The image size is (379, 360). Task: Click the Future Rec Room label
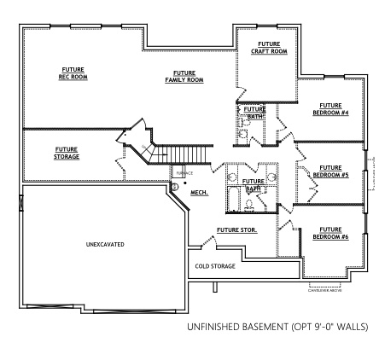tap(73, 73)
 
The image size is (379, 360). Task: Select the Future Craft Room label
tap(269, 47)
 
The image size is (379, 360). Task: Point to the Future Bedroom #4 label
tap(330, 108)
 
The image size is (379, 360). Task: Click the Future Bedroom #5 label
tap(330, 171)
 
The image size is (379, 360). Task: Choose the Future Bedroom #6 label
tap(330, 233)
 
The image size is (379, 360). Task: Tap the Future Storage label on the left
tap(67, 153)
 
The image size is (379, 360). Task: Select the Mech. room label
tap(199, 193)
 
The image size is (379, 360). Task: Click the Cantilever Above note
tap(324, 289)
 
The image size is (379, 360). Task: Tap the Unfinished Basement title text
tap(277, 326)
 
